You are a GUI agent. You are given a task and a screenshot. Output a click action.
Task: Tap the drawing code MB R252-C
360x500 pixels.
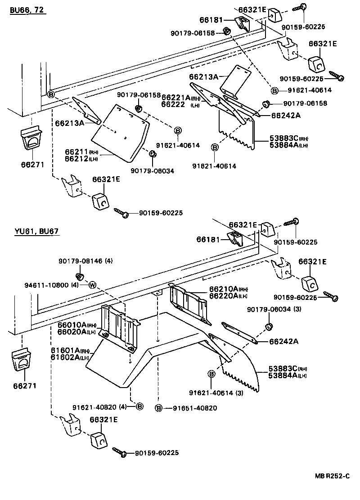point(331,488)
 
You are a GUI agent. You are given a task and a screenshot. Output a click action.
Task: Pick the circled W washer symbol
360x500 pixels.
point(93,285)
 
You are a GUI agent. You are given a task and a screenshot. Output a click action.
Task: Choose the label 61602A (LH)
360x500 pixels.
point(69,357)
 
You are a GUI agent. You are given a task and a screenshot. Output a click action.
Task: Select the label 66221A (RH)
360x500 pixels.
point(180,98)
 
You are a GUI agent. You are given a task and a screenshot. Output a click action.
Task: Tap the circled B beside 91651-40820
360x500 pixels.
point(158,408)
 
